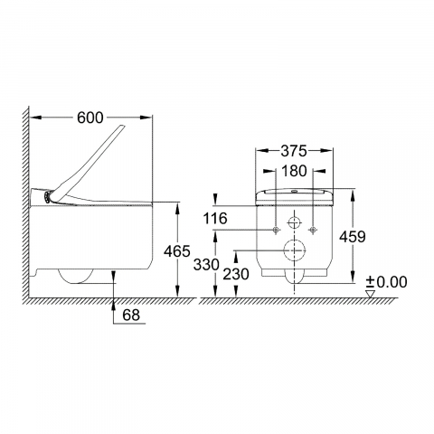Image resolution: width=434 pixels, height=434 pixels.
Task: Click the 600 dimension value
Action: pos(90,118)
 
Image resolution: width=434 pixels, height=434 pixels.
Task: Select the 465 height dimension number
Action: pos(177,251)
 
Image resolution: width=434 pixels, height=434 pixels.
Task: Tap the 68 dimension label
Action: pos(131,315)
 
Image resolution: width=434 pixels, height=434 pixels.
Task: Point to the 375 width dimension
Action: pos(294,151)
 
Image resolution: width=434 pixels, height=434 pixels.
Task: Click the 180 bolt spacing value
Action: pos(294,171)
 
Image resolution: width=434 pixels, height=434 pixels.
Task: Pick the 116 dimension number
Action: pos(215,218)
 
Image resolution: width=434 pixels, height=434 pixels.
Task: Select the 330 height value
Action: pos(206,265)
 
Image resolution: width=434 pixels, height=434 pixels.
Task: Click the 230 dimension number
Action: pos(236,274)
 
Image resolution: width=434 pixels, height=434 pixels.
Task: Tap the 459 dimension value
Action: pos(353,237)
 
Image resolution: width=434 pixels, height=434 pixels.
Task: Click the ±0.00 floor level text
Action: pos(387,282)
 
